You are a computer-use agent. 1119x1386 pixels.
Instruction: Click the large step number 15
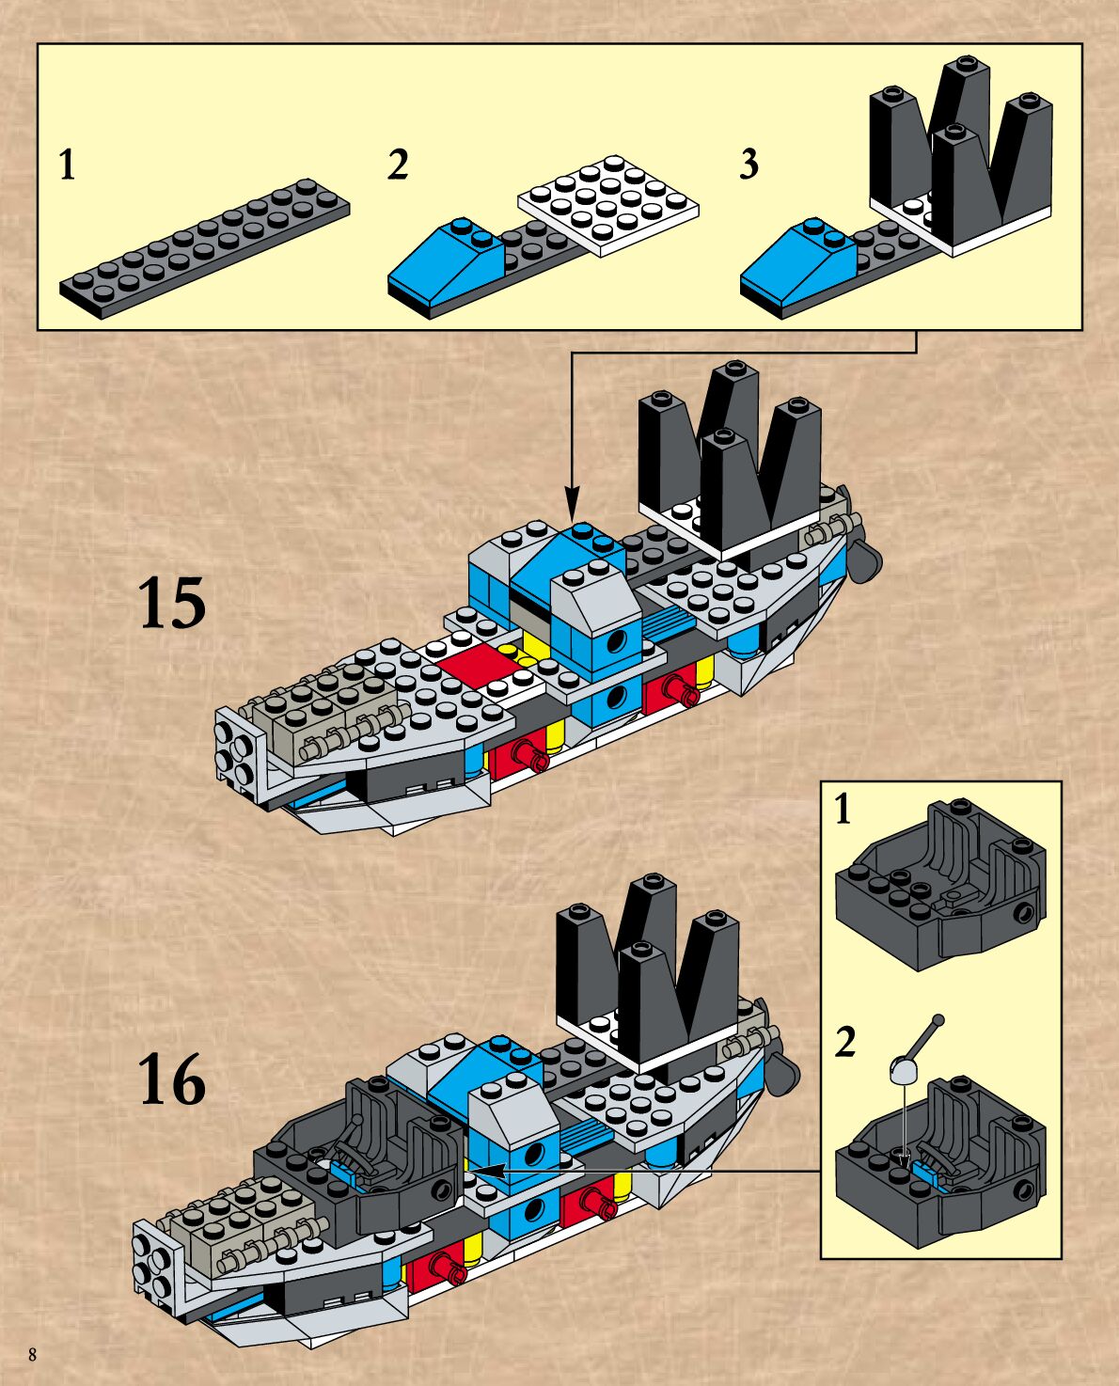172,603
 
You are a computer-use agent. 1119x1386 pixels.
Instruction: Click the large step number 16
172,1079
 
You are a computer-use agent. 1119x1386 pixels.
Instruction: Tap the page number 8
33,1355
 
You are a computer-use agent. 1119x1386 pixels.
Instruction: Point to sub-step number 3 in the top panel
749,165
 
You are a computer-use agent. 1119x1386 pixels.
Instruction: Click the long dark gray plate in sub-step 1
205,249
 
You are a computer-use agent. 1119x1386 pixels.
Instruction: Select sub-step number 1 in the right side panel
843,809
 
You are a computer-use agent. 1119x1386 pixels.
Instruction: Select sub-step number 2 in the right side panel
845,1042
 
